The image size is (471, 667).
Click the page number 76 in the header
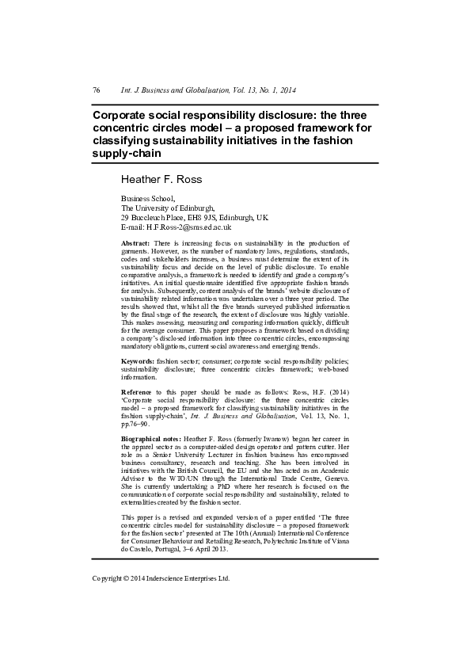pyautogui.click(x=97, y=90)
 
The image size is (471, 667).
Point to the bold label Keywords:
pyautogui.click(x=138, y=360)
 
